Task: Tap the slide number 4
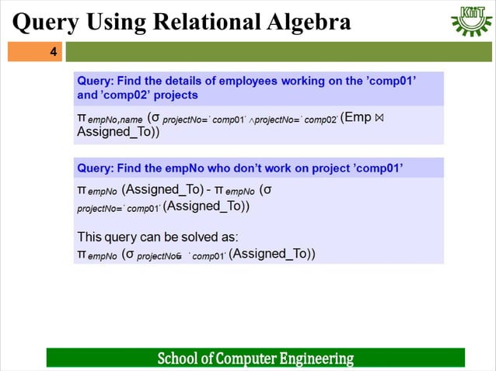point(53,52)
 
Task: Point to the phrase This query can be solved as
point(158,237)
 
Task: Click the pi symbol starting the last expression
point(81,255)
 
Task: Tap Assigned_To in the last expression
point(271,254)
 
